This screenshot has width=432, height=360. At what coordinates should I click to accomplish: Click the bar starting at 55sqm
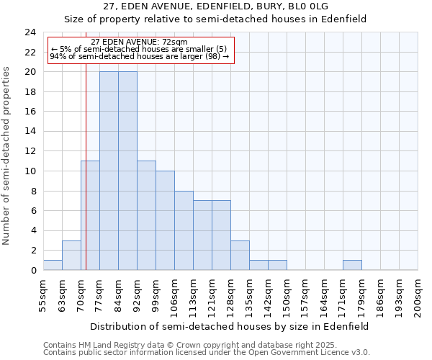(53, 265)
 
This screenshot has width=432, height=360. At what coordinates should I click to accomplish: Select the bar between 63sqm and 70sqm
(71, 256)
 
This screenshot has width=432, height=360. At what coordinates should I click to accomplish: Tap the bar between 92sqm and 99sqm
(146, 215)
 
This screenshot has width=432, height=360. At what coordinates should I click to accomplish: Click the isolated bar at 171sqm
(352, 265)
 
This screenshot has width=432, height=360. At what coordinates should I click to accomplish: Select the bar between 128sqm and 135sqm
(240, 256)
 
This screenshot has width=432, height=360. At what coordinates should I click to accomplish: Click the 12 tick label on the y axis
(30, 151)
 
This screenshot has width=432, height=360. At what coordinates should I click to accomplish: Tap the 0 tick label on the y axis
(33, 270)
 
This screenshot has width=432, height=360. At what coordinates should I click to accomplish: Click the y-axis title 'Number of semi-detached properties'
(7, 156)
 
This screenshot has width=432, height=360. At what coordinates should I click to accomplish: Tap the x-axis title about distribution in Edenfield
(230, 326)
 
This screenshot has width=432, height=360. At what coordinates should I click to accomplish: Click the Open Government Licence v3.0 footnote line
(207, 353)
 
